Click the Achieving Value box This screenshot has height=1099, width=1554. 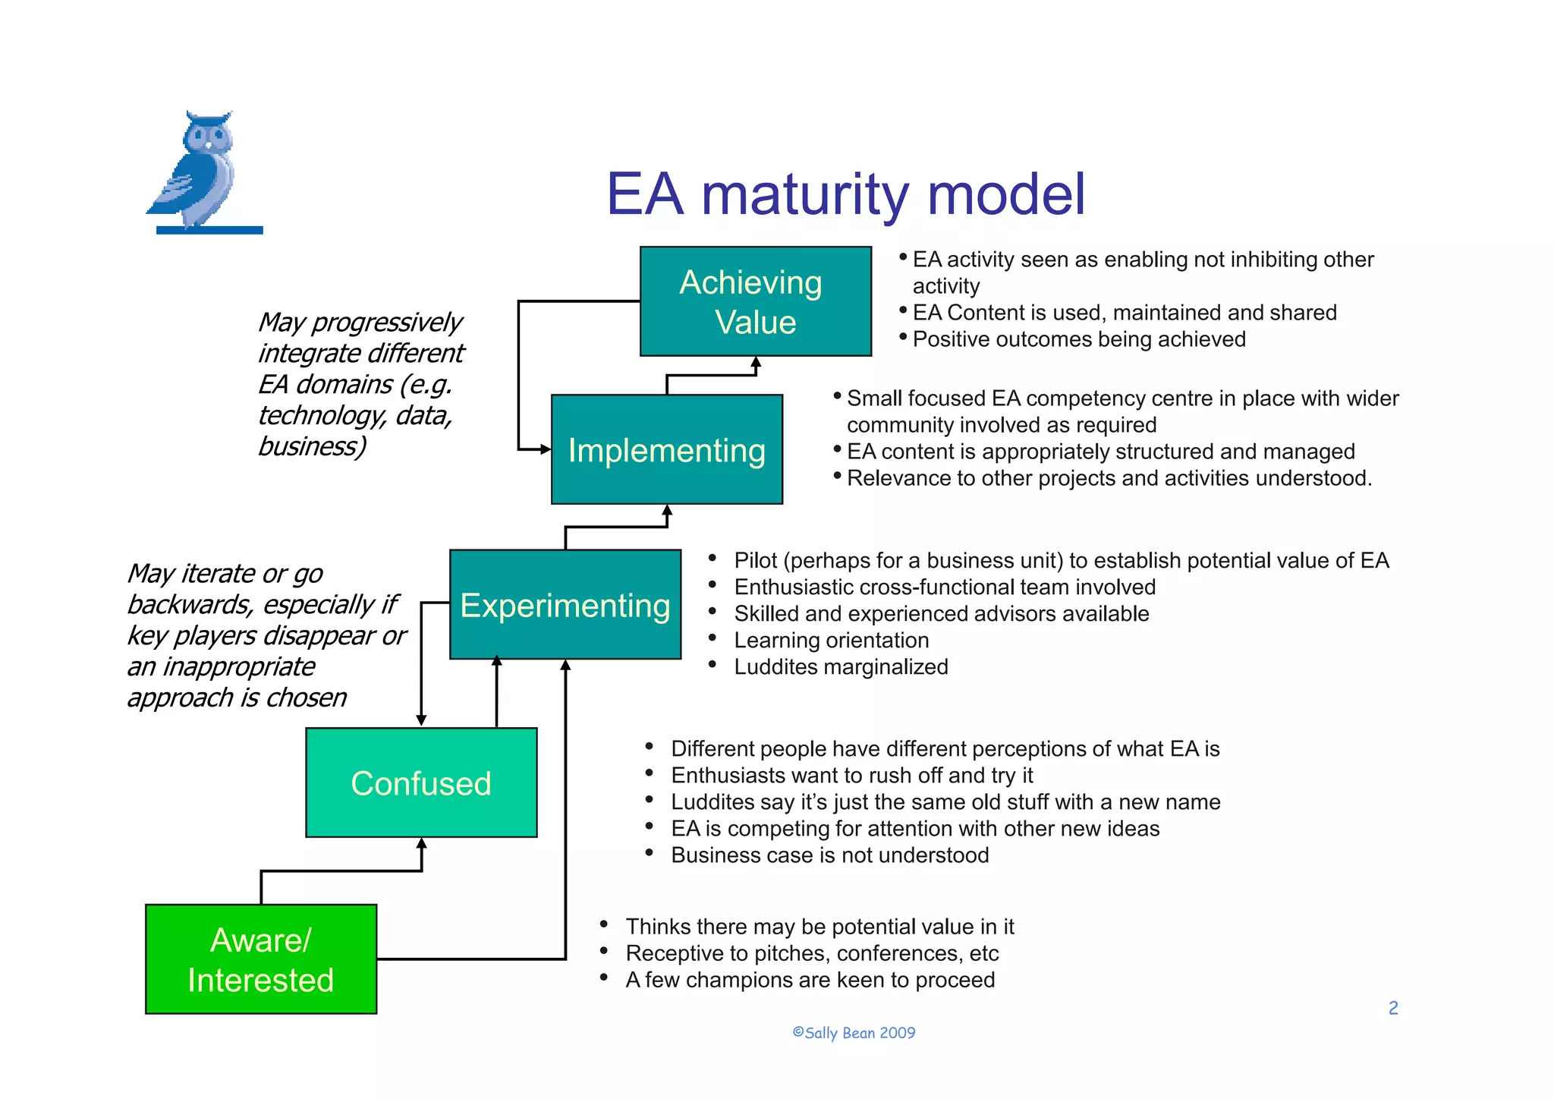point(755,301)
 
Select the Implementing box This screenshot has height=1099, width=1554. point(666,449)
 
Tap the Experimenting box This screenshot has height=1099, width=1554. point(565,605)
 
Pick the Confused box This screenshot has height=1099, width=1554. point(421,783)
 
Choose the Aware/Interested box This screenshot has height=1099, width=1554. point(260,959)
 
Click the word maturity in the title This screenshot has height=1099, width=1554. point(804,194)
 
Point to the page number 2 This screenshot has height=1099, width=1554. point(1393,1008)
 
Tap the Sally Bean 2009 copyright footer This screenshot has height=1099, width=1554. point(854,1033)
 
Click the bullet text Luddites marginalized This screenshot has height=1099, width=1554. point(841,666)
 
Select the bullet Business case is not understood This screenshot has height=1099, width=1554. point(829,855)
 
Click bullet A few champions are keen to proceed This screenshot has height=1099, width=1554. point(810,980)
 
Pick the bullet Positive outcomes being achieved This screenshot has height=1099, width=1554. point(1078,339)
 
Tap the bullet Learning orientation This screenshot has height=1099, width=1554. point(831,640)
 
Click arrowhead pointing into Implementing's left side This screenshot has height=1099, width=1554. point(546,449)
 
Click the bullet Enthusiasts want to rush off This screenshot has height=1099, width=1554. point(851,775)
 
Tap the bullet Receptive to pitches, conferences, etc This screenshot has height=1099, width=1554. point(812,953)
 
